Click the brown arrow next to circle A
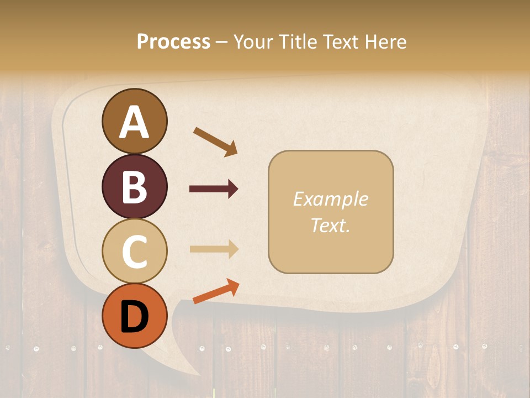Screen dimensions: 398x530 point(215,142)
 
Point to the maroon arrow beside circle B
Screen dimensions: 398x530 point(214,189)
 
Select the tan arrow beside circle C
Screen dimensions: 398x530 point(214,249)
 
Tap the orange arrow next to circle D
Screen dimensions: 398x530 point(216,291)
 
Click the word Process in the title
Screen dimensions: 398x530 point(173,41)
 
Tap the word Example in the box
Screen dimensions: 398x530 point(330,199)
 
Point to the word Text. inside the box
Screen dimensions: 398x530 point(330,225)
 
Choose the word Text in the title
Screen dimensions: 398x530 point(340,41)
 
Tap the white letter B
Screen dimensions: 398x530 point(134,187)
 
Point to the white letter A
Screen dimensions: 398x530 point(134,122)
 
